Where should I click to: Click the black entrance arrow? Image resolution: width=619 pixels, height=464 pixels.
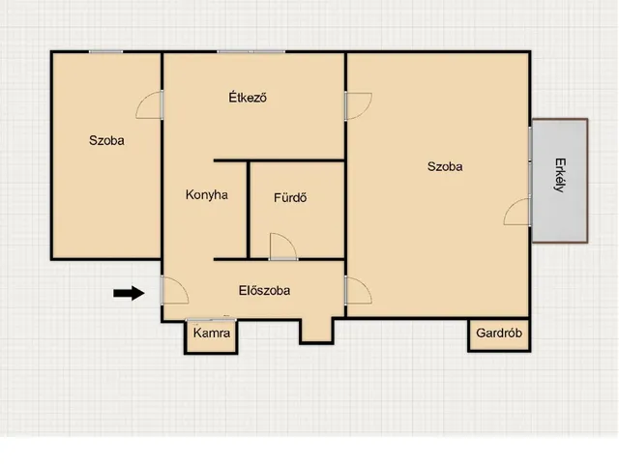click(x=129, y=293)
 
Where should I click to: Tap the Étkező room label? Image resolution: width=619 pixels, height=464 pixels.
click(x=248, y=97)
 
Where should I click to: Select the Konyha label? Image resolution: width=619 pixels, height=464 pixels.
click(x=206, y=195)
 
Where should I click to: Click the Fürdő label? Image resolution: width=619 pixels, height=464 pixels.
click(x=290, y=197)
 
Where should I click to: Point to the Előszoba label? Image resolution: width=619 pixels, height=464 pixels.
click(x=264, y=290)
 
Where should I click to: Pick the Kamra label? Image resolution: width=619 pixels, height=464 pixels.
click(x=212, y=333)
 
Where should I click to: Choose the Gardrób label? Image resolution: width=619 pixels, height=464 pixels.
click(x=499, y=333)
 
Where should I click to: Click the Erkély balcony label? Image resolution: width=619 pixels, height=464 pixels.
click(x=560, y=175)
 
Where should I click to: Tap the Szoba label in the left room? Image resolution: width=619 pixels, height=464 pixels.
click(x=106, y=140)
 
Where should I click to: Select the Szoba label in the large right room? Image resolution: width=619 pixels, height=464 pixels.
click(x=445, y=166)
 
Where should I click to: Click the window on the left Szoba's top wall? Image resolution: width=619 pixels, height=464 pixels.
click(x=105, y=51)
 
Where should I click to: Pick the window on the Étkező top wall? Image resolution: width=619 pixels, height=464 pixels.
click(x=251, y=51)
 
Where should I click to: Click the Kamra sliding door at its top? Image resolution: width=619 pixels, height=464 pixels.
click(x=211, y=320)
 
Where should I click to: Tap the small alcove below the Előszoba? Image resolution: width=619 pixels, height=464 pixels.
click(x=316, y=330)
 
